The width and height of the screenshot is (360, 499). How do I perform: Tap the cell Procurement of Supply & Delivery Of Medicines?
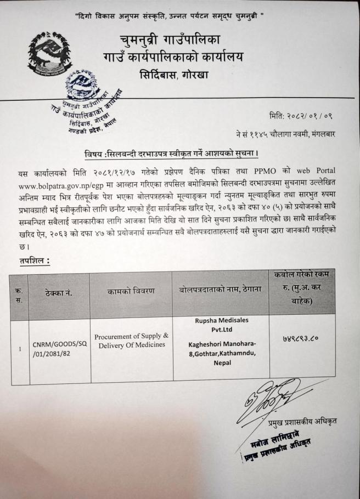pos(131,340)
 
